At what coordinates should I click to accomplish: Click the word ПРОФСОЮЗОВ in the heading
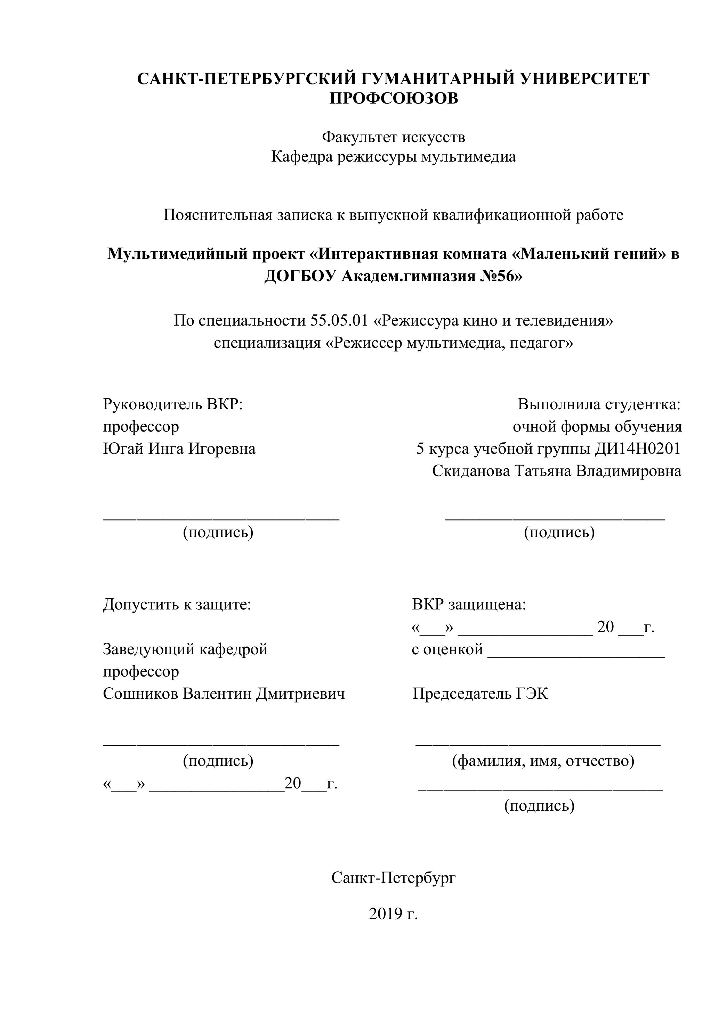click(394, 98)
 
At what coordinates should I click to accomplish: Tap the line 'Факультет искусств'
click(393, 137)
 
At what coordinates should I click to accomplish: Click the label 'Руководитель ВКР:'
click(173, 404)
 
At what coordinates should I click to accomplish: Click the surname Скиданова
click(471, 471)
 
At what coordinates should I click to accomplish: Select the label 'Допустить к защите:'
click(177, 605)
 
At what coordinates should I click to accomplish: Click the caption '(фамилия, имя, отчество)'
click(543, 761)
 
